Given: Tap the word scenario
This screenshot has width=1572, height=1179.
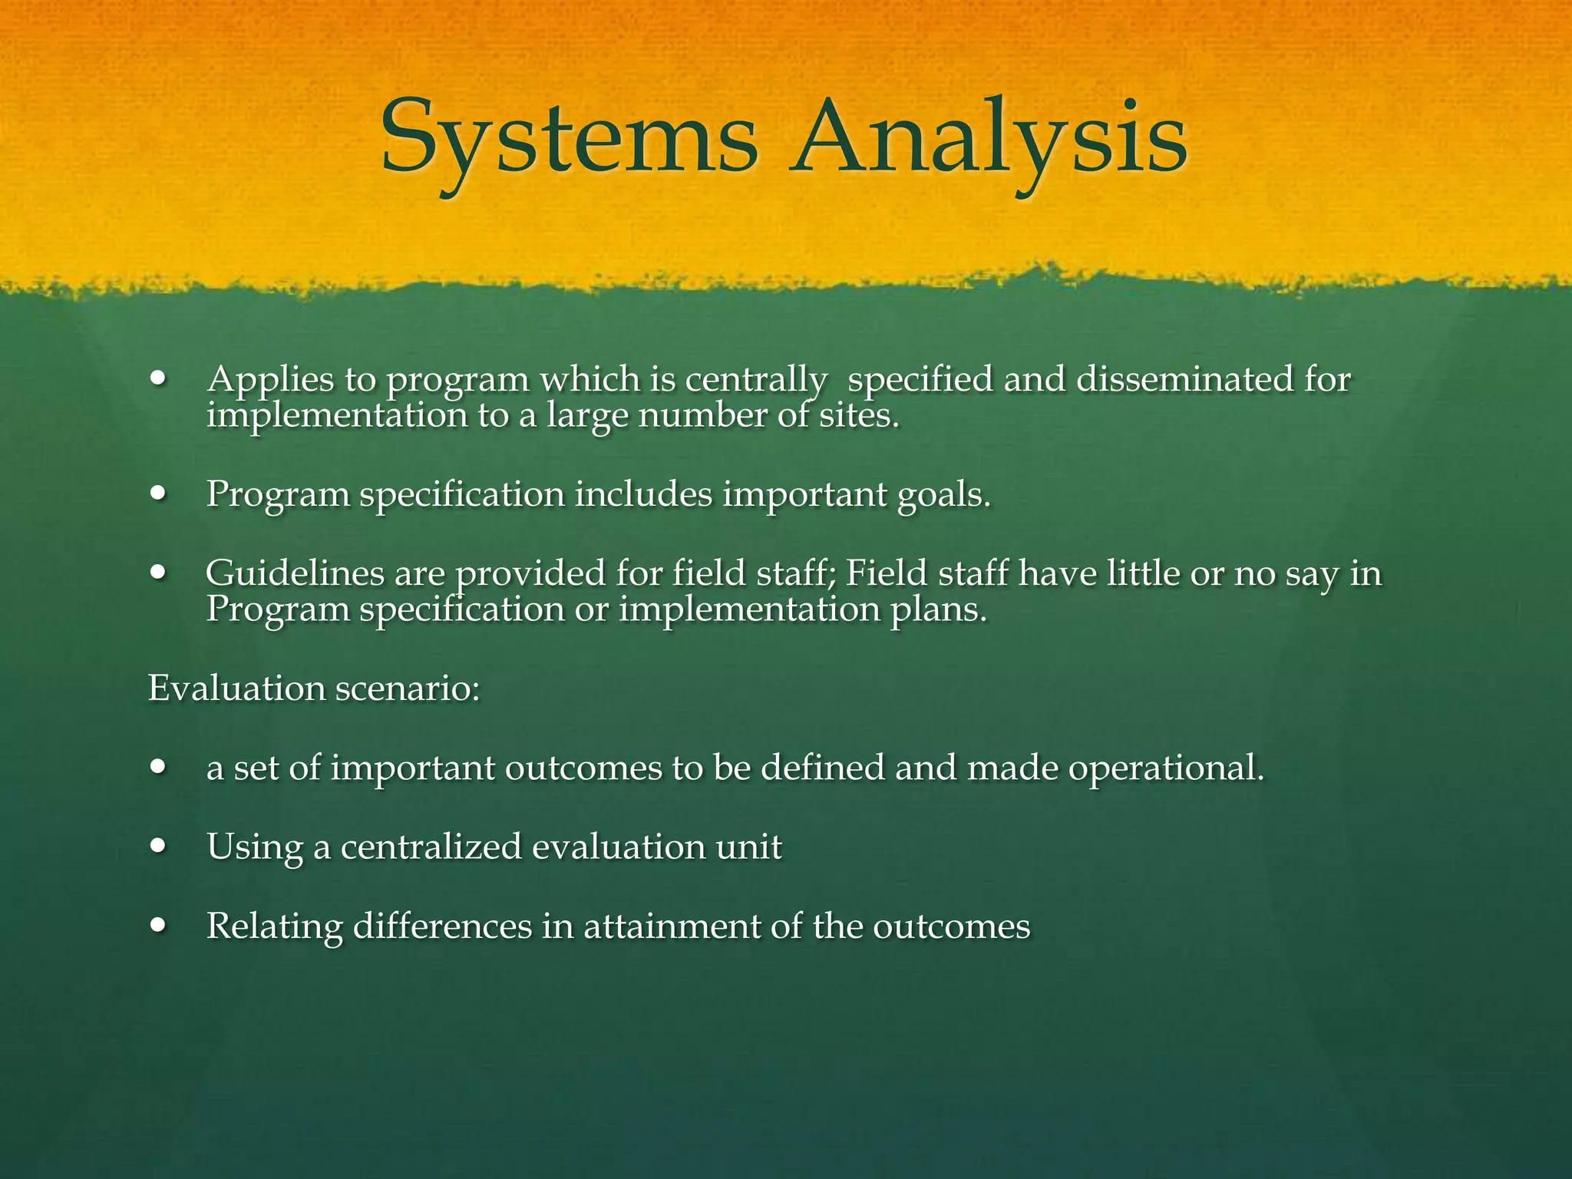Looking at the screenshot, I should coord(408,688).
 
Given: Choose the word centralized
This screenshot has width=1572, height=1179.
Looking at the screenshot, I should coord(431,847).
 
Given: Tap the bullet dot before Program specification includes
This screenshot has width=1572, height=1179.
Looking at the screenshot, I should coord(159,494).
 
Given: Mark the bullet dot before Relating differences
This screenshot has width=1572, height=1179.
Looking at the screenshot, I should coord(159,926).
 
